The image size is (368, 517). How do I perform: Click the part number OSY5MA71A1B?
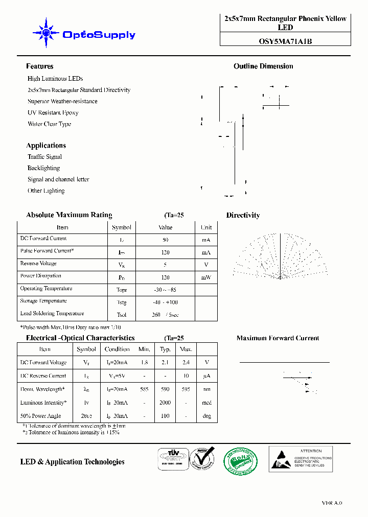pyautogui.click(x=285, y=41)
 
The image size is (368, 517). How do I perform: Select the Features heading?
pyautogui.click(x=40, y=66)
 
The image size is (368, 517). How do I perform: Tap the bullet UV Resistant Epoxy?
pyautogui.click(x=53, y=112)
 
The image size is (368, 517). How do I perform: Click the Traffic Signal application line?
pyautogui.click(x=44, y=157)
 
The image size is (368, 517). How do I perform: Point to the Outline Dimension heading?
pyautogui.click(x=263, y=66)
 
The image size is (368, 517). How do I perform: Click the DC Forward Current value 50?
pyautogui.click(x=166, y=240)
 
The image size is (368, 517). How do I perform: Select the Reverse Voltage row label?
pyautogui.click(x=38, y=264)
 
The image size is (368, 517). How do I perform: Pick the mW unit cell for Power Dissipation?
pyautogui.click(x=206, y=277)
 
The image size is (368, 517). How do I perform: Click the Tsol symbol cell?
pyautogui.click(x=122, y=315)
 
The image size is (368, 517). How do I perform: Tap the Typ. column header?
pyautogui.click(x=165, y=349)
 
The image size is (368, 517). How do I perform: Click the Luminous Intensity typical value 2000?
pyautogui.click(x=165, y=403)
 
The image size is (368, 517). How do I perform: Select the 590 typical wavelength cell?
pyautogui.click(x=165, y=389)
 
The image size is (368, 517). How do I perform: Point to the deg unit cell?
pyautogui.click(x=206, y=416)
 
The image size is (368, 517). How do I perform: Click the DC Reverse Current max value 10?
pyautogui.click(x=186, y=376)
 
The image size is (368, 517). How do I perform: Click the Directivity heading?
pyautogui.click(x=243, y=216)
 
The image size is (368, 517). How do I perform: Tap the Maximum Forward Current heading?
pyautogui.click(x=278, y=338)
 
